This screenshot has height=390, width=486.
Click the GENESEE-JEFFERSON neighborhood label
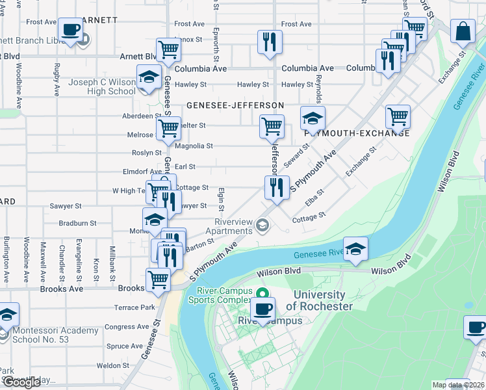pyautogui.click(x=235, y=105)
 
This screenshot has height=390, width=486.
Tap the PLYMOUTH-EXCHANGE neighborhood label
pyautogui.click(x=357, y=133)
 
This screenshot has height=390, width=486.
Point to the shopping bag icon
pyautogui.click(x=463, y=31)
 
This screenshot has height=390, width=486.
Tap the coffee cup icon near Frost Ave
pyautogui.click(x=70, y=29)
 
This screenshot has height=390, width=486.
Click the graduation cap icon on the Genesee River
pyautogui.click(x=355, y=249)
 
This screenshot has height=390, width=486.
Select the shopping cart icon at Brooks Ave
pyautogui.click(x=158, y=279)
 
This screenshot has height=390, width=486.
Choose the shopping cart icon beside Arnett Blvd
pyautogui.click(x=168, y=49)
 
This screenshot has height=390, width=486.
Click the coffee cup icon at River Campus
pyautogui.click(x=262, y=309)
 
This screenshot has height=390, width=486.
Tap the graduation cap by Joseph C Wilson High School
pyautogui.click(x=149, y=77)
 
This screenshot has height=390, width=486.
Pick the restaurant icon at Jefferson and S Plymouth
pyautogui.click(x=277, y=187)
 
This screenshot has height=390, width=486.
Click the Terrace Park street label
pyautogui.click(x=134, y=307)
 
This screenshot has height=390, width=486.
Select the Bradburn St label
pyautogui.click(x=77, y=223)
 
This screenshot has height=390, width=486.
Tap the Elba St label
pyautogui.click(x=314, y=196)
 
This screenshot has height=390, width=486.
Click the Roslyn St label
pyautogui.click(x=146, y=153)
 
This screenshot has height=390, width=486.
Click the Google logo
pyautogui.click(x=21, y=382)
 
